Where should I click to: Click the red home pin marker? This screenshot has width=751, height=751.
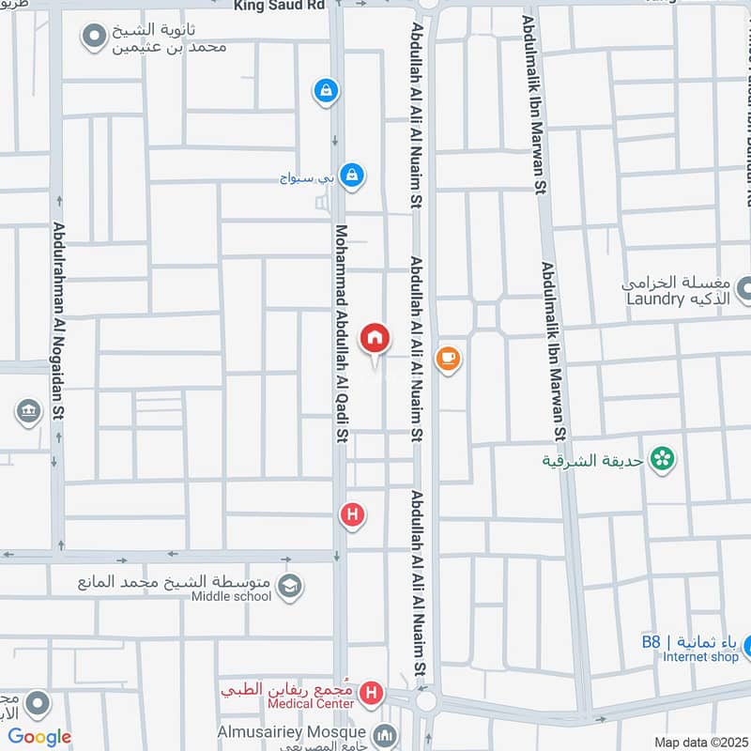375,338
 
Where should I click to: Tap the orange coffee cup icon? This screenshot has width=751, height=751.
448,358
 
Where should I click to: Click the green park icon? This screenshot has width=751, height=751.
664,459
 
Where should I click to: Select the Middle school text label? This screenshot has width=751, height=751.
231,596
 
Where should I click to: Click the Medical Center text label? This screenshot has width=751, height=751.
311,704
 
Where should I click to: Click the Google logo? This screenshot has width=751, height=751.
39,737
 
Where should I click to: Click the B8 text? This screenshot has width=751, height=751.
651,642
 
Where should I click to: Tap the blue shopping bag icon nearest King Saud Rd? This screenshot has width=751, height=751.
325,90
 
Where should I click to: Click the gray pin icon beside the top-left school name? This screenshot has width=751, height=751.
93,38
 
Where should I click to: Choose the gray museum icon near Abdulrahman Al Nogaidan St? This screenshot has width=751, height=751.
27,411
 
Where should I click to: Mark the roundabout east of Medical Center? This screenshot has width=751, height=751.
427,700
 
